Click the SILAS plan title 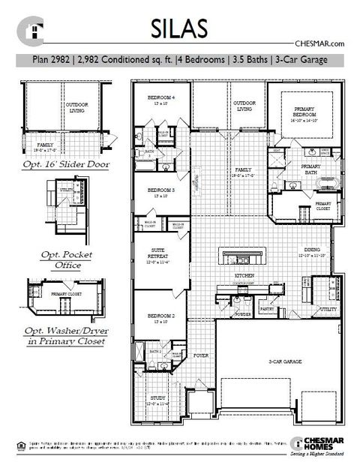point(179,28)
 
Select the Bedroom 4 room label point(161,99)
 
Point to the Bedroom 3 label point(161,191)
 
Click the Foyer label point(201,355)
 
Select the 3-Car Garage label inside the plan point(285,361)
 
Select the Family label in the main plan point(243,172)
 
